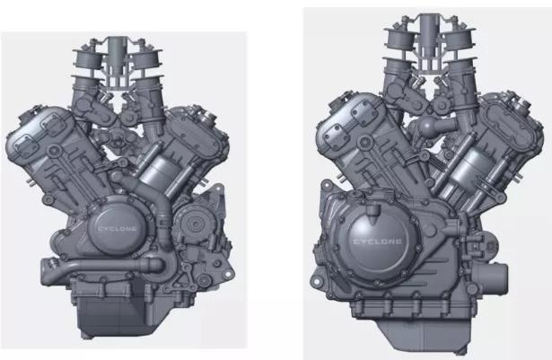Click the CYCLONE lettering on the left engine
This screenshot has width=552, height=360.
pyautogui.click(x=118, y=229)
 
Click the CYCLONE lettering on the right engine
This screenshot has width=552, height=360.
pyautogui.click(x=377, y=241)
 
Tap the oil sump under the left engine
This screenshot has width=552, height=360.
pyautogui.click(x=113, y=319)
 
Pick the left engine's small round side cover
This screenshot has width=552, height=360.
pyautogui.click(x=191, y=224)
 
